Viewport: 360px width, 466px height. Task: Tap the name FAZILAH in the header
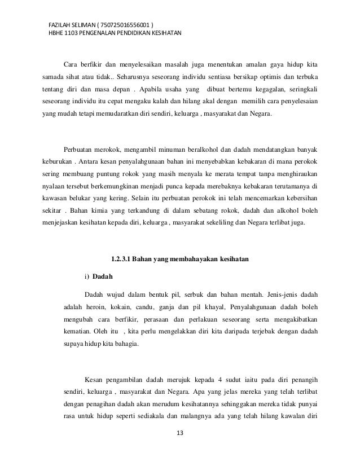click(x=60, y=26)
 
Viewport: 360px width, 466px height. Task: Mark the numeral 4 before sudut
click(x=231, y=379)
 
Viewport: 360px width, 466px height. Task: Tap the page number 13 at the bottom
click(x=180, y=433)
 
